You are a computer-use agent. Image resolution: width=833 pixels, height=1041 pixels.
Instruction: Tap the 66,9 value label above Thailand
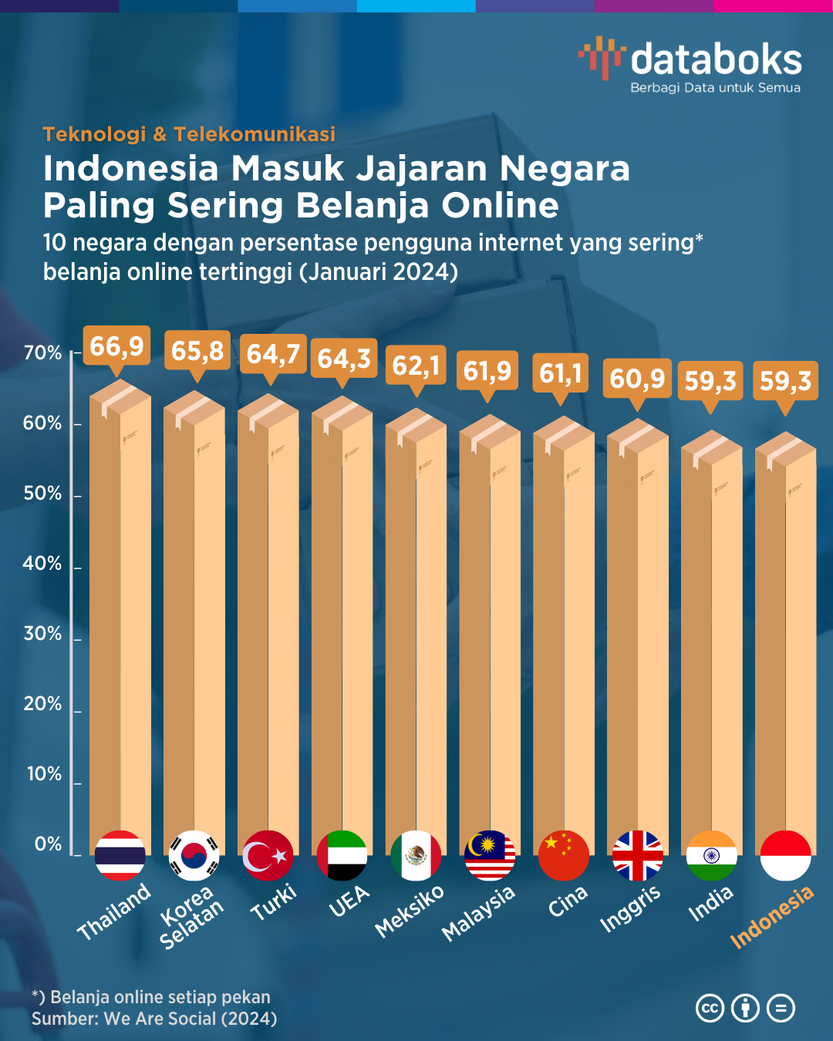coord(116,347)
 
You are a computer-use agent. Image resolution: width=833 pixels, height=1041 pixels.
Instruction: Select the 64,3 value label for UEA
coord(344,359)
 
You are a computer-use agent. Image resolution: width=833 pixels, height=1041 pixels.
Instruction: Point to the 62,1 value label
coord(416,366)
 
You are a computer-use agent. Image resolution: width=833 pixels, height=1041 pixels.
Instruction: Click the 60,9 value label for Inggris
coord(637,379)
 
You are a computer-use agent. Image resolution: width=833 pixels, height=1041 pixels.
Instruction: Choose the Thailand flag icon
coord(120,855)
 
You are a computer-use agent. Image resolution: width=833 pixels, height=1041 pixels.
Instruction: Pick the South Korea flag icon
coord(194,855)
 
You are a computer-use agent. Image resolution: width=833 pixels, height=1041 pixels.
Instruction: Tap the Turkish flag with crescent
coord(268,855)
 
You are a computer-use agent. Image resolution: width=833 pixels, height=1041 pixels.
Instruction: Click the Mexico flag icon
coord(416,855)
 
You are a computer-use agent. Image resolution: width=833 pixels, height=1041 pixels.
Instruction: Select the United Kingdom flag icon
coord(638,855)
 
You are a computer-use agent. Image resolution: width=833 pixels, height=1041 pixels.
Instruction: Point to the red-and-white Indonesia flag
coord(785,855)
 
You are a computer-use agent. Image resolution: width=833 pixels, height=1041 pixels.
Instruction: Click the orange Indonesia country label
coord(771,917)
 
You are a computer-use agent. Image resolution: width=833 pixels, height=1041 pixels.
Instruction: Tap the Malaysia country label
coord(478,913)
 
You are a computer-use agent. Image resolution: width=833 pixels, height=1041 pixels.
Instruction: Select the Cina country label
coord(568,901)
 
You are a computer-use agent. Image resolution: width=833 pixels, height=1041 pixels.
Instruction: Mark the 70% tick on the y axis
coord(43,353)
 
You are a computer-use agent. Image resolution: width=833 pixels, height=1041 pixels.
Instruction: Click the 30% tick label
coord(43,634)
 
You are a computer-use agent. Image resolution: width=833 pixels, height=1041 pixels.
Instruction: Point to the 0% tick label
coord(48,844)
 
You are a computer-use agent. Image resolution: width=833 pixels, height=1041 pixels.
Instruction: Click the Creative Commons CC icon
coord(710,1008)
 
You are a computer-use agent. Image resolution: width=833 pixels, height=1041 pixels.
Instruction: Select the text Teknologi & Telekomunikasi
coord(189,134)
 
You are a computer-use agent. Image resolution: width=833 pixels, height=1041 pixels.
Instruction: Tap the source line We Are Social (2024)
coord(154,1019)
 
